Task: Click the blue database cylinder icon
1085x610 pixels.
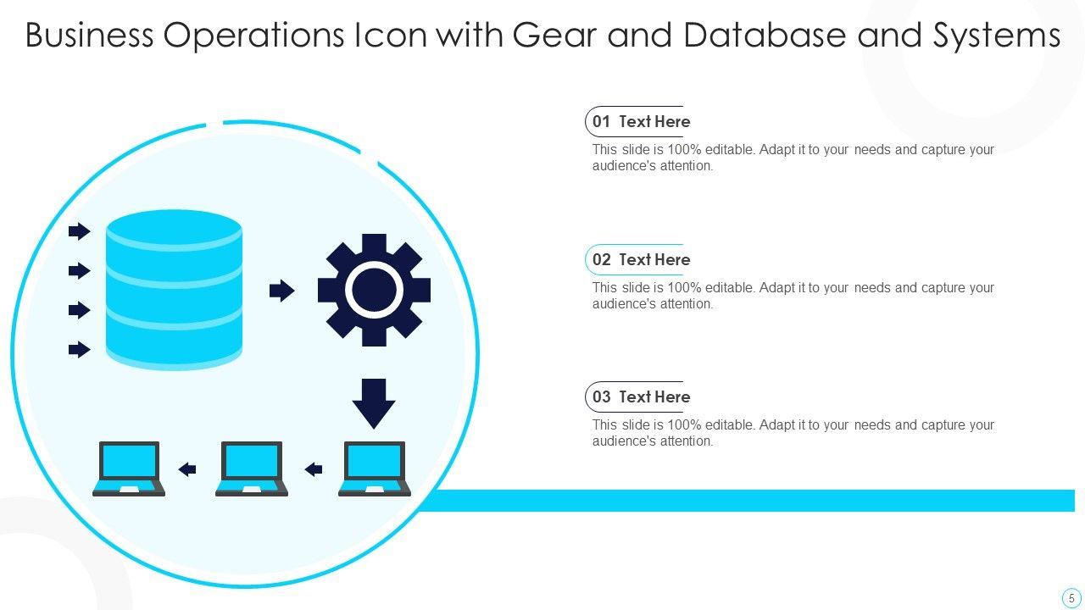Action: coord(174,290)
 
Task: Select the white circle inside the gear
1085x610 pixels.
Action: coord(374,290)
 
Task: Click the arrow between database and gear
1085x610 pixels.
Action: coord(281,291)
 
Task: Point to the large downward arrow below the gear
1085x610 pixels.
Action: coord(374,403)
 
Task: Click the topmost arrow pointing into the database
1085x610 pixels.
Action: coord(79,231)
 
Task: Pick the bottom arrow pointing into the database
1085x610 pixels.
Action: coord(79,349)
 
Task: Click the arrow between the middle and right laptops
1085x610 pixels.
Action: coord(314,469)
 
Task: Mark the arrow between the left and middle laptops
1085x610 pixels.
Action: coord(187,469)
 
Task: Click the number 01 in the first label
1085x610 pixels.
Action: coord(601,122)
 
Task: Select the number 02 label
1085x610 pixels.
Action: coord(601,260)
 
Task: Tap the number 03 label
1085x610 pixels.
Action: coord(601,397)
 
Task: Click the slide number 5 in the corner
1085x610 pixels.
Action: coord(1071,596)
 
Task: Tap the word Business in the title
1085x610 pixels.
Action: coord(88,36)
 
